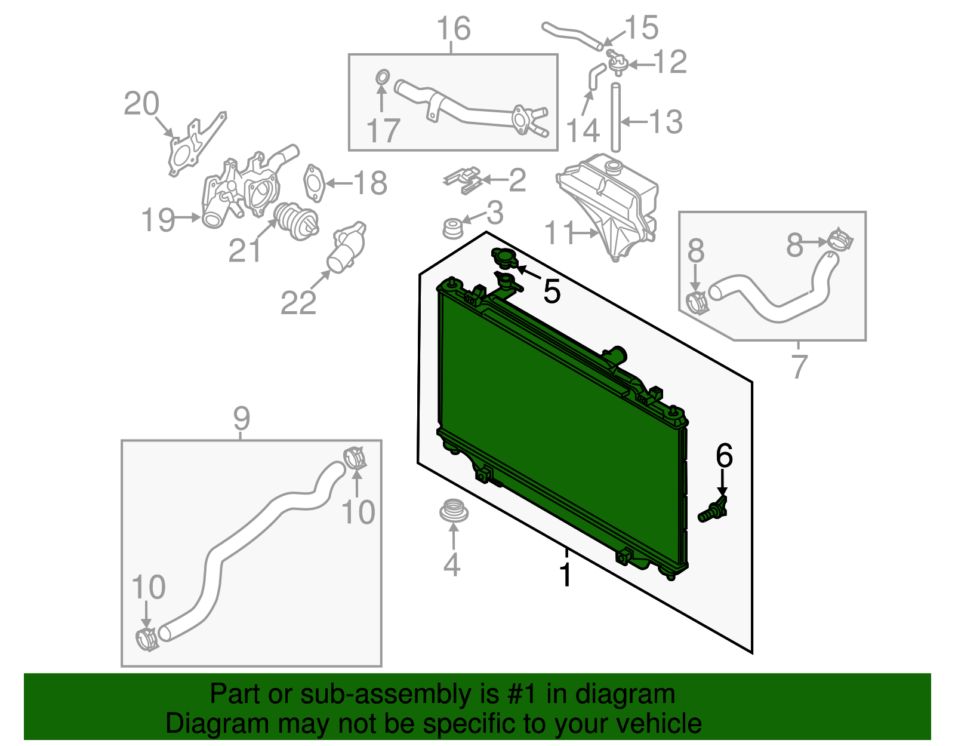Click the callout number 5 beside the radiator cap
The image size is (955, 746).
(x=552, y=291)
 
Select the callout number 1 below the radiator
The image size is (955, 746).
(x=565, y=575)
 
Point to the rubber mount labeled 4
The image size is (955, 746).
(x=454, y=511)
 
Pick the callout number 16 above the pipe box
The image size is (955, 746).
(x=454, y=29)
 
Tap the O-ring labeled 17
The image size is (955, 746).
(x=383, y=78)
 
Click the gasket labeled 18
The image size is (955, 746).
(x=314, y=183)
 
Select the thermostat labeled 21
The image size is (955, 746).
(x=295, y=221)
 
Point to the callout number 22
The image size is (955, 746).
(x=298, y=302)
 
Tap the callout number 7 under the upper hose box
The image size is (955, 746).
(x=799, y=366)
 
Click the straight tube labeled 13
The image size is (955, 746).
(x=615, y=118)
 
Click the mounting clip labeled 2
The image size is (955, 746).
(x=463, y=180)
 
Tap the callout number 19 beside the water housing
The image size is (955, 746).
(x=158, y=220)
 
